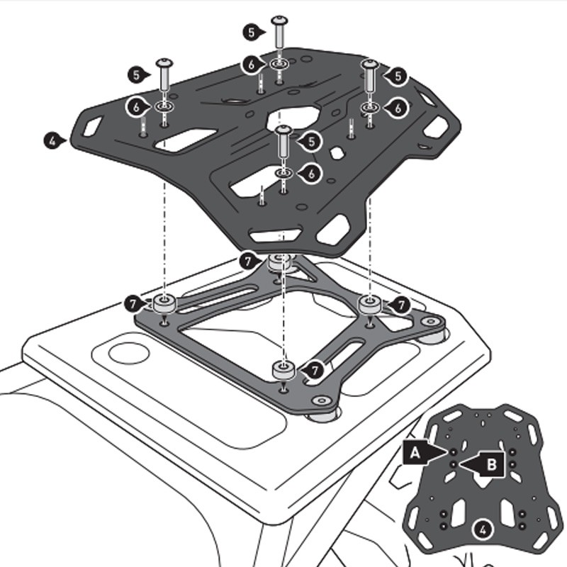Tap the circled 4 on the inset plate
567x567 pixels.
pyautogui.click(x=482, y=528)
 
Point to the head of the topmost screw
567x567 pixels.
pyautogui.click(x=279, y=21)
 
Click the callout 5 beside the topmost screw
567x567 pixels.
pyautogui.click(x=251, y=32)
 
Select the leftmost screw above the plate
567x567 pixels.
pyautogui.click(x=164, y=75)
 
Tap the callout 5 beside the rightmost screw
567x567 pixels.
pyautogui.click(x=398, y=75)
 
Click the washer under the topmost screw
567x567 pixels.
pyautogui.click(x=279, y=66)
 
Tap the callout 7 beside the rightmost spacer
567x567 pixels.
pyautogui.click(x=400, y=305)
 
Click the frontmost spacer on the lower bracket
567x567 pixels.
pyautogui.click(x=284, y=370)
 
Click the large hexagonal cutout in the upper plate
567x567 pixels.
pyautogui.click(x=294, y=116)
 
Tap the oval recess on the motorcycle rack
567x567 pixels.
pyautogui.click(x=128, y=352)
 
